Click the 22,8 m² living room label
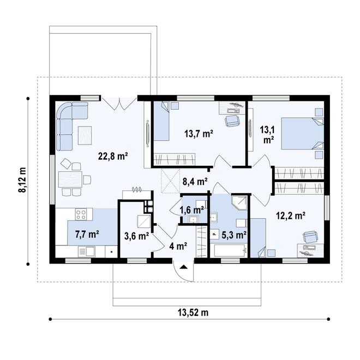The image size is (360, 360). [113, 157]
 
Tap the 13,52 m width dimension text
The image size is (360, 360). [193, 313]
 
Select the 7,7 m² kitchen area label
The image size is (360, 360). [87, 235]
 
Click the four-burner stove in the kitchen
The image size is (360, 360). [81, 214]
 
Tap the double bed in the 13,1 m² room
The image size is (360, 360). [303, 134]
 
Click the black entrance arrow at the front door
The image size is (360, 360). [183, 267]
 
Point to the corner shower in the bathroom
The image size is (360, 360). [239, 203]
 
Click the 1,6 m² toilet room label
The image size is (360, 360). [192, 210]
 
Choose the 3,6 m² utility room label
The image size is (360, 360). [136, 236]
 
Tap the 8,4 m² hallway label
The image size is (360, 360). [195, 182]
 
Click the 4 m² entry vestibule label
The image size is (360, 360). [178, 246]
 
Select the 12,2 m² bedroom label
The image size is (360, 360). [290, 216]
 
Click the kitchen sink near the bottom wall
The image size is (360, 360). [87, 251]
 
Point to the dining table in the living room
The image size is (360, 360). [70, 179]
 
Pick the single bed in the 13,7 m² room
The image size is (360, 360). [161, 121]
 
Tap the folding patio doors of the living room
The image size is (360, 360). [119, 104]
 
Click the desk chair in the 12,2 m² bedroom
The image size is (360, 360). [310, 237]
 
